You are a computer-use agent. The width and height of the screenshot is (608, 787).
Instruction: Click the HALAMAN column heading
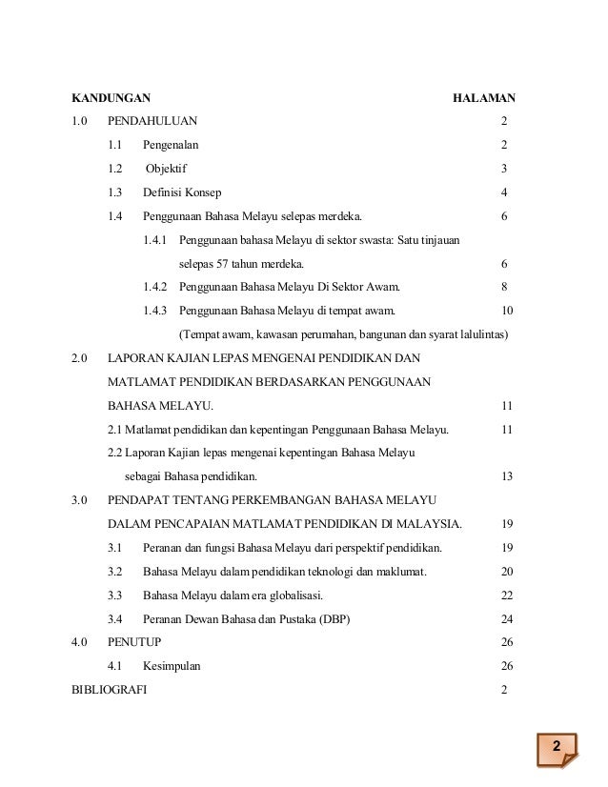483,98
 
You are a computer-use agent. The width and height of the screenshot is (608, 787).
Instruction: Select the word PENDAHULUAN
153,122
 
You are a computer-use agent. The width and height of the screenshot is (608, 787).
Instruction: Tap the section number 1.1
115,146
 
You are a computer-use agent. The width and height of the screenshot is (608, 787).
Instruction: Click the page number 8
504,287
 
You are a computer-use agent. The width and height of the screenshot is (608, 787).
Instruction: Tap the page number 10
507,311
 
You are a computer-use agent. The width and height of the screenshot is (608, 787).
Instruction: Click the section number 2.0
80,358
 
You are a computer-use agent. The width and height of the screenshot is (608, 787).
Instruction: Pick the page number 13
507,476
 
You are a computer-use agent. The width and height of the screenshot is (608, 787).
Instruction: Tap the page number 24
507,619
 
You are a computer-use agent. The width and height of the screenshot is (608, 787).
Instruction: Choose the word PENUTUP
135,643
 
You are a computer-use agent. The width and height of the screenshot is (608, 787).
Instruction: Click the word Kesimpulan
172,667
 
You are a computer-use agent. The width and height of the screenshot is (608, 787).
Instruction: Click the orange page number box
557,745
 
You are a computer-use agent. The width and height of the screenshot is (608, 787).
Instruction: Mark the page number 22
507,595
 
